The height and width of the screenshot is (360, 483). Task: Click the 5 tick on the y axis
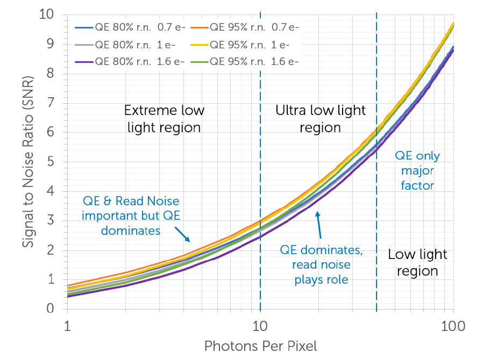click(x=51, y=162)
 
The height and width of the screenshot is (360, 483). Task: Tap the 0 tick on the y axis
click(x=51, y=309)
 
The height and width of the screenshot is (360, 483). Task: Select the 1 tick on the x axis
click(x=67, y=326)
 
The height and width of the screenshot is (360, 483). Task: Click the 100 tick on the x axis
click(x=453, y=326)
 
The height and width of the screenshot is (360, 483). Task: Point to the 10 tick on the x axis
click(x=260, y=326)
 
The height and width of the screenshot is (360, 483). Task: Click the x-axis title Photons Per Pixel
click(x=260, y=346)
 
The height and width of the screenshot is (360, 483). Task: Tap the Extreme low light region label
click(x=164, y=119)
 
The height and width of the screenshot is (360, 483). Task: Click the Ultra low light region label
click(x=321, y=119)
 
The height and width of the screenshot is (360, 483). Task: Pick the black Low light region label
click(x=417, y=262)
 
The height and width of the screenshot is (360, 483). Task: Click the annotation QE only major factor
click(x=417, y=171)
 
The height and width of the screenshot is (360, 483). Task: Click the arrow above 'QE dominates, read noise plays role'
click(x=319, y=225)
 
